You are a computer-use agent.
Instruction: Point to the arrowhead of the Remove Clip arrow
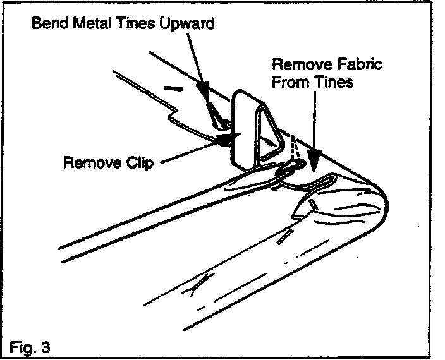[x=224, y=141]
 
